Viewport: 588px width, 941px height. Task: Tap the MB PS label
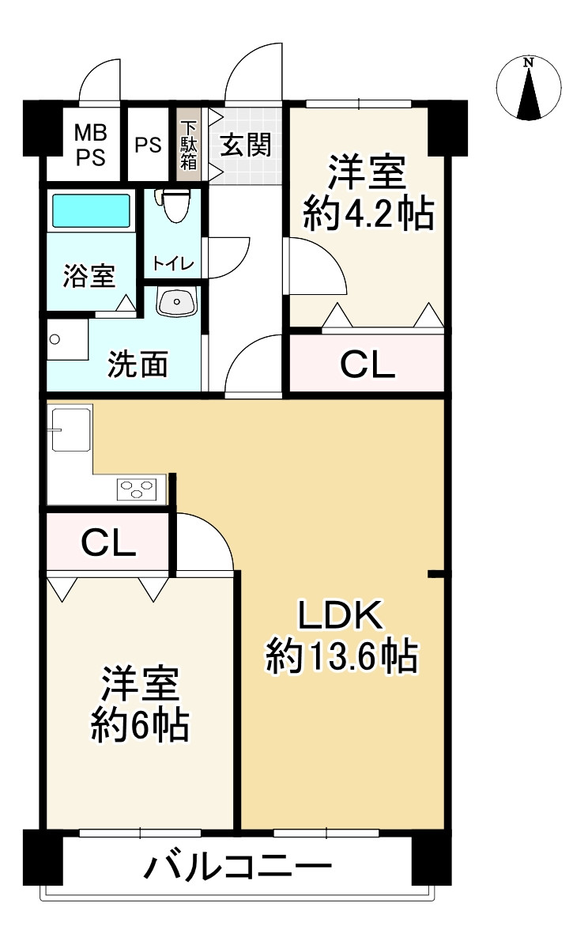pyautogui.click(x=90, y=145)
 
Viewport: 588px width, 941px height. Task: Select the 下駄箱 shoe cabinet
pyautogui.click(x=188, y=145)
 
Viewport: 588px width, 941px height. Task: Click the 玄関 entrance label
pyautogui.click(x=246, y=145)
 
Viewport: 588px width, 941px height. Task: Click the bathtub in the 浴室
pyautogui.click(x=91, y=212)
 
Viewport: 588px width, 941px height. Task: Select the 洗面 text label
pyautogui.click(x=138, y=364)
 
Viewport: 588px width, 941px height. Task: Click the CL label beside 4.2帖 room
pyautogui.click(x=367, y=365)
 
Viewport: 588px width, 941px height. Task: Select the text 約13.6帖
pyautogui.click(x=341, y=656)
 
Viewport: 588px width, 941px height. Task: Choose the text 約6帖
pyautogui.click(x=139, y=724)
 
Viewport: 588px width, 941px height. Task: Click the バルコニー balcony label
pyautogui.click(x=237, y=870)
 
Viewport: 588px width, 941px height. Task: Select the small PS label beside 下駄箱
pyautogui.click(x=148, y=145)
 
